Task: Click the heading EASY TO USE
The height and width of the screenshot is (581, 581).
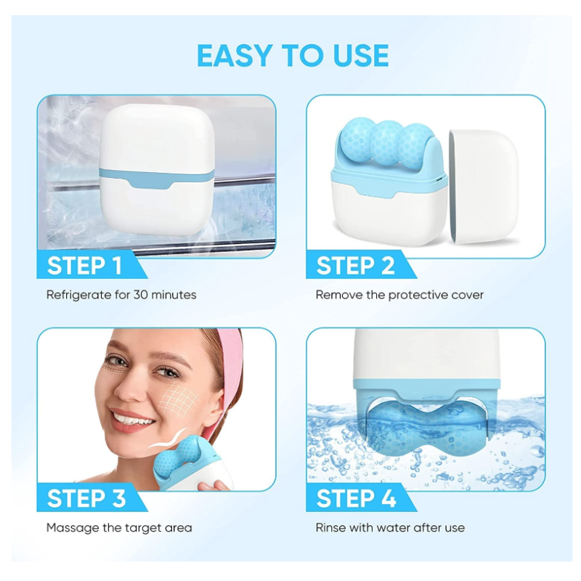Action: (293, 56)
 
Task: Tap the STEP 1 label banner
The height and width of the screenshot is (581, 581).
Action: (89, 264)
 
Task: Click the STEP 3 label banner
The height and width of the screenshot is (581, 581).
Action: (89, 497)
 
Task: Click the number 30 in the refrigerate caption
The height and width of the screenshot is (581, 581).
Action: (141, 295)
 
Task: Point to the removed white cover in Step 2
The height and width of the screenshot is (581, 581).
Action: (484, 187)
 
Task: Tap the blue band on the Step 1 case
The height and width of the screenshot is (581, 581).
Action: (157, 179)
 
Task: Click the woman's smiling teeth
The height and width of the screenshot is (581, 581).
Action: (133, 420)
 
